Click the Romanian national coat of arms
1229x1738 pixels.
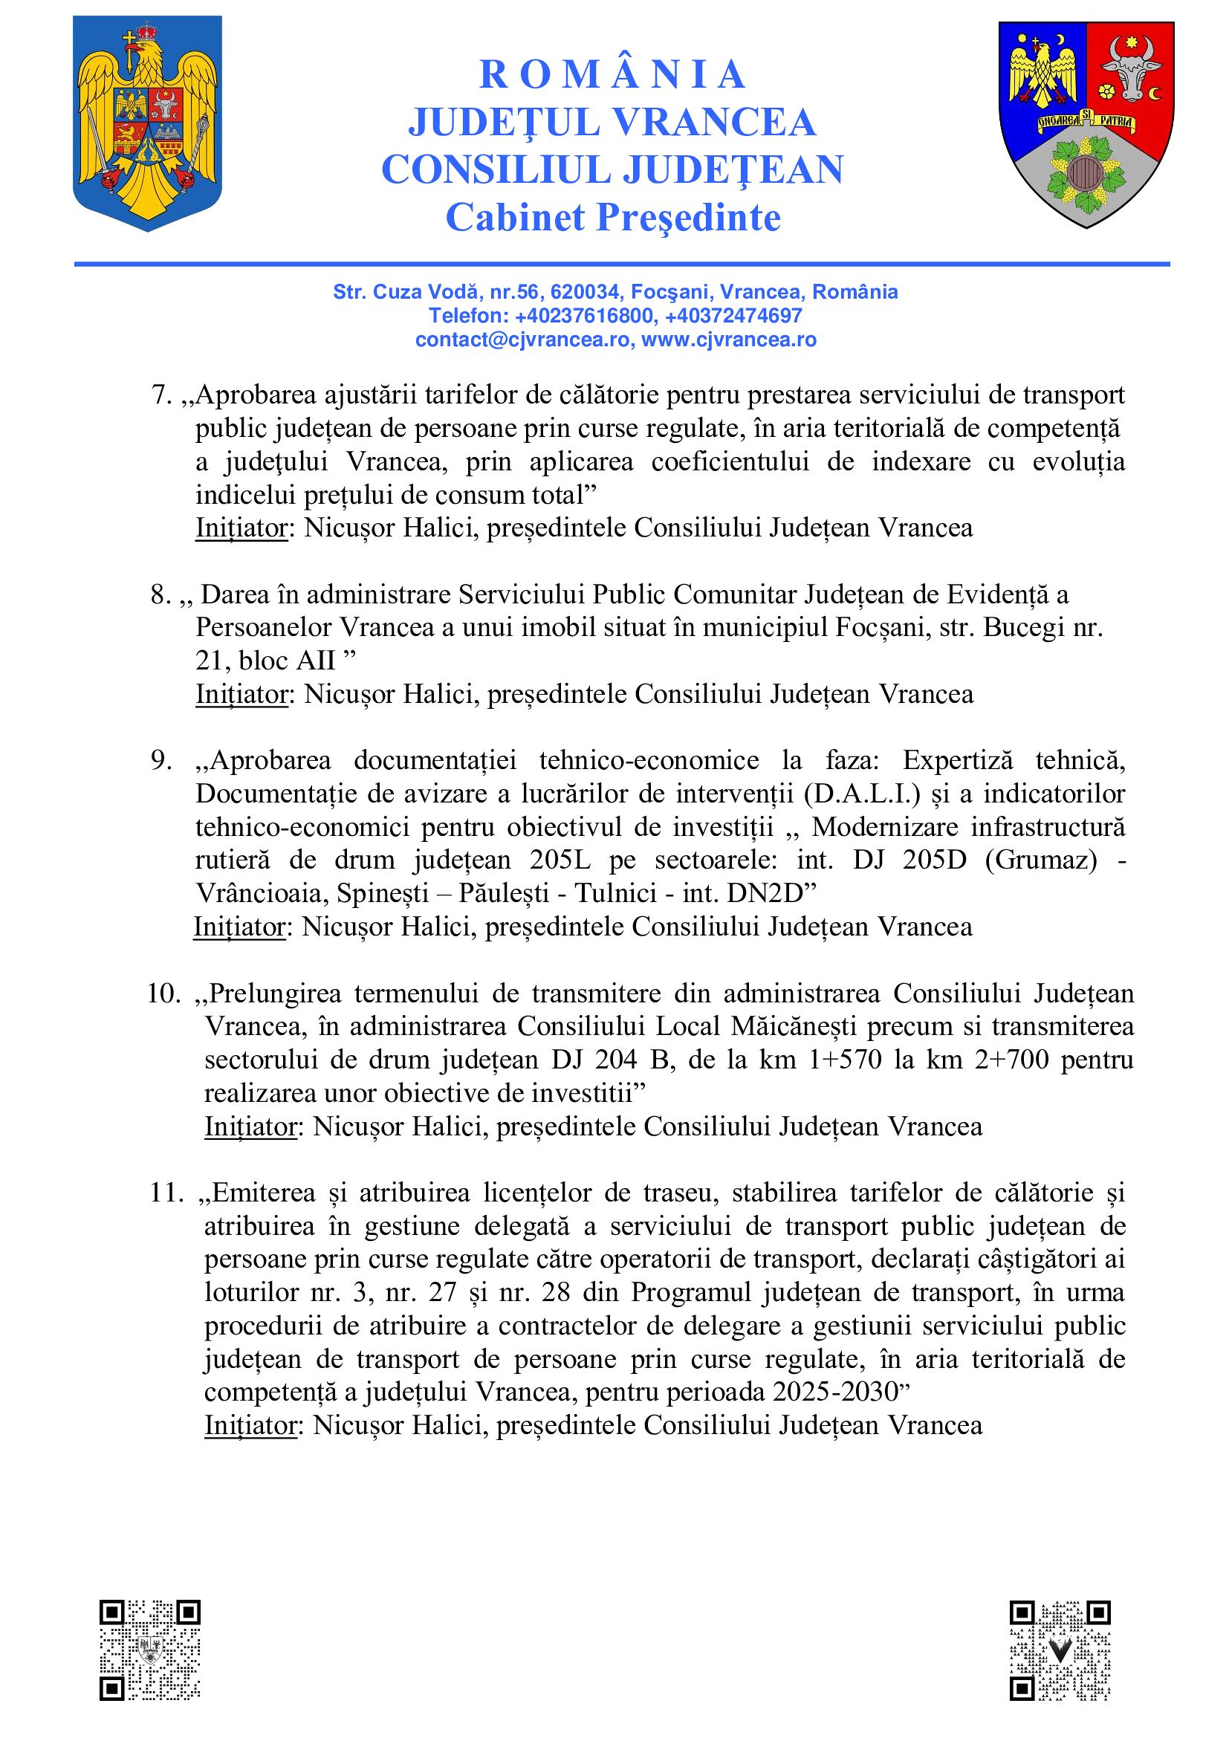point(147,124)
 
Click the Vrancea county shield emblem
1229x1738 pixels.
point(1086,124)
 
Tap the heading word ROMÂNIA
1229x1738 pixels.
point(613,74)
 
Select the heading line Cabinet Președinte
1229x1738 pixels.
point(613,218)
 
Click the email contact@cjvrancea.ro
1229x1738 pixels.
point(522,340)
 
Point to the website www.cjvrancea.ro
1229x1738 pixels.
point(729,340)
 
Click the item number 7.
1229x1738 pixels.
point(162,395)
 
